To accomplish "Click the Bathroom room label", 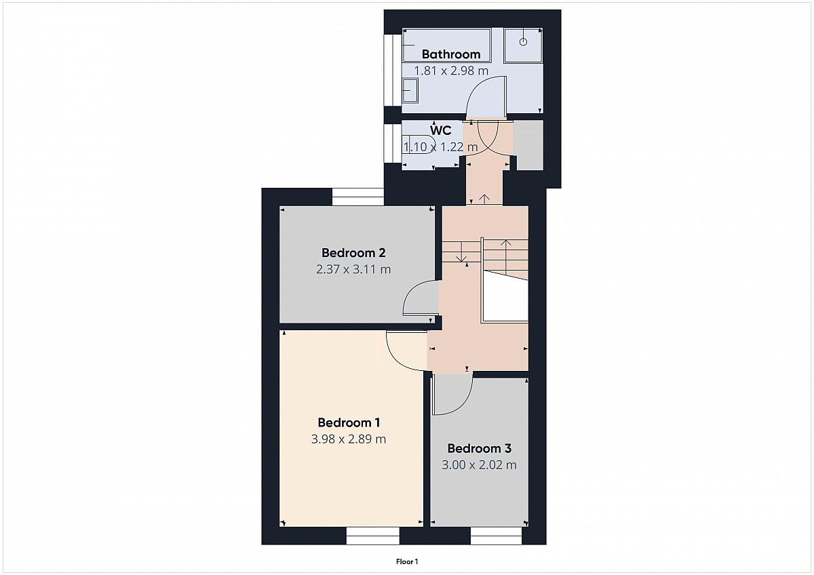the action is coord(451,54).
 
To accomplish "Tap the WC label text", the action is coord(440,130).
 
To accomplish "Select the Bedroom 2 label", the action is coord(353,252).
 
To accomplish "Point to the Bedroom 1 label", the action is coord(349,422).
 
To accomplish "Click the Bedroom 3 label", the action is coord(479,448).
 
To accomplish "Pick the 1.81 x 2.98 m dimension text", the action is coord(451,71).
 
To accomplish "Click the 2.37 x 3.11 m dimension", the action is coord(353,269).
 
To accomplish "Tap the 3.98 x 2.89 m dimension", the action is coord(349,439).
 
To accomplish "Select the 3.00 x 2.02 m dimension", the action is coord(479,465).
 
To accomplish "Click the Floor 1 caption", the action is coord(407,561).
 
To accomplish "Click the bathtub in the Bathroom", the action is coord(446,45).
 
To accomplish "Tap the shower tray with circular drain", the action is coord(523,45).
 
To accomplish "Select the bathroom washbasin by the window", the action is coord(410,90).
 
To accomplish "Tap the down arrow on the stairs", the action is coord(461,252).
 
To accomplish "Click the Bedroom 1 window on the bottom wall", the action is coord(372,536).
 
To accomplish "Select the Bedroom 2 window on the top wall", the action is coord(358,197).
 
